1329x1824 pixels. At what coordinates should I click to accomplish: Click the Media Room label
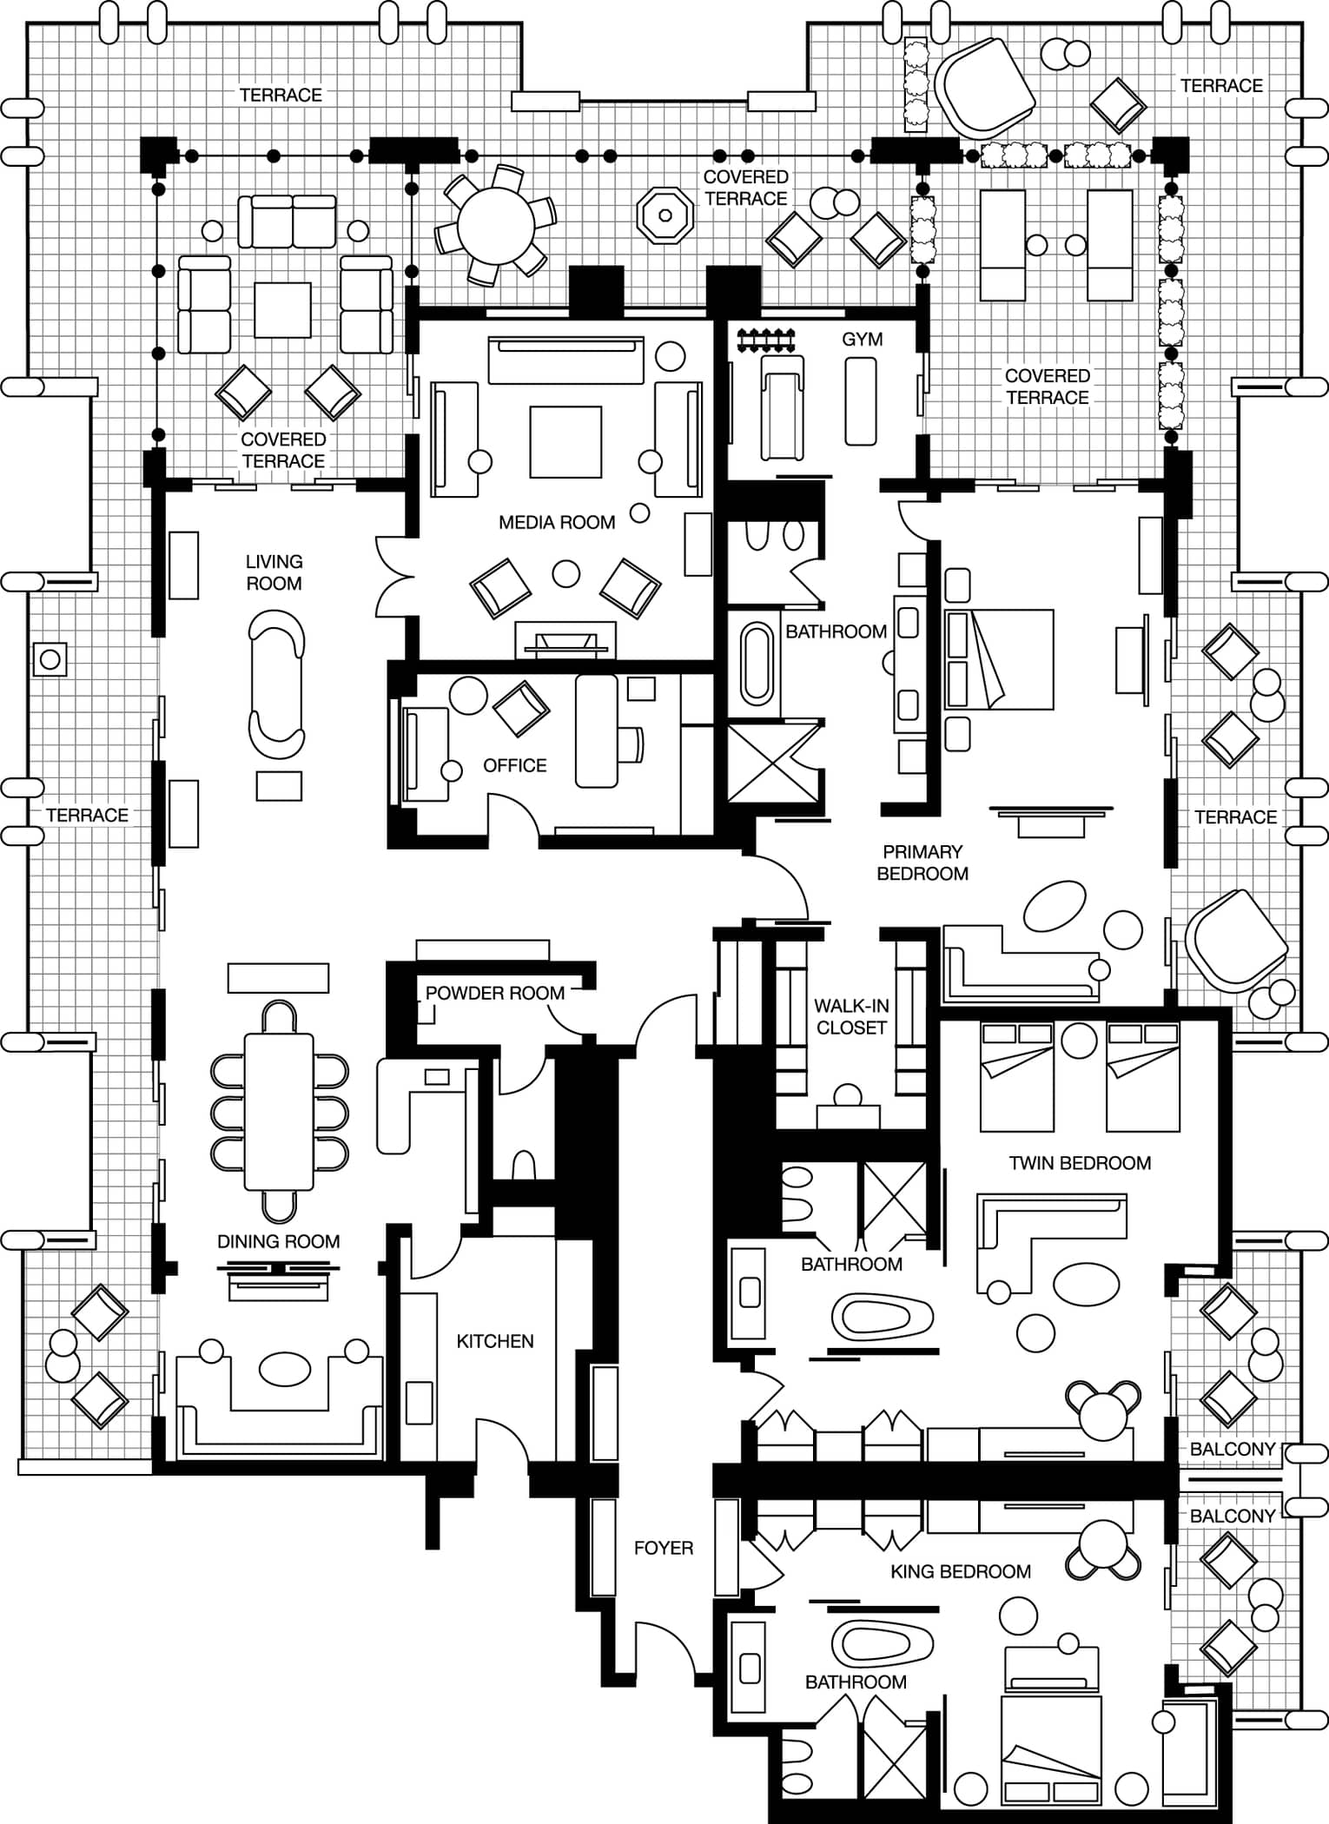pos(557,522)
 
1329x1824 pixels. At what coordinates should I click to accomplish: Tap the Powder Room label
pos(495,993)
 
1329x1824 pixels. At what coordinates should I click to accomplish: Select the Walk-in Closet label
pos(851,1016)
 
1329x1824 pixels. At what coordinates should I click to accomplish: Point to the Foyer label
pos(664,1548)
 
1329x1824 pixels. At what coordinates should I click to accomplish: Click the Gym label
pos(863,339)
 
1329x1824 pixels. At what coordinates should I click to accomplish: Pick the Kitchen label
pos(495,1341)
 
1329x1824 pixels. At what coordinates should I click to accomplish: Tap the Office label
pos(515,765)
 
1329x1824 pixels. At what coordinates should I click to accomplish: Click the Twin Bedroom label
pos(1080,1163)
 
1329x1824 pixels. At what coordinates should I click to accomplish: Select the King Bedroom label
pos(961,1571)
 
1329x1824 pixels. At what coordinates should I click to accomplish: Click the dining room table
pos(279,1111)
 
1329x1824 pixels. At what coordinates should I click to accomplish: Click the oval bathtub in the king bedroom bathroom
pos(883,1643)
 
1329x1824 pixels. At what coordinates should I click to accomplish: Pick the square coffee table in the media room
pos(565,442)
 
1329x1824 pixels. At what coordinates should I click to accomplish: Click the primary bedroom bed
pos(999,659)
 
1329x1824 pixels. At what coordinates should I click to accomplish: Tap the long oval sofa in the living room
pos(277,684)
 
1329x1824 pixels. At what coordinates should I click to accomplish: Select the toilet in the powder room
pos(524,1166)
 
